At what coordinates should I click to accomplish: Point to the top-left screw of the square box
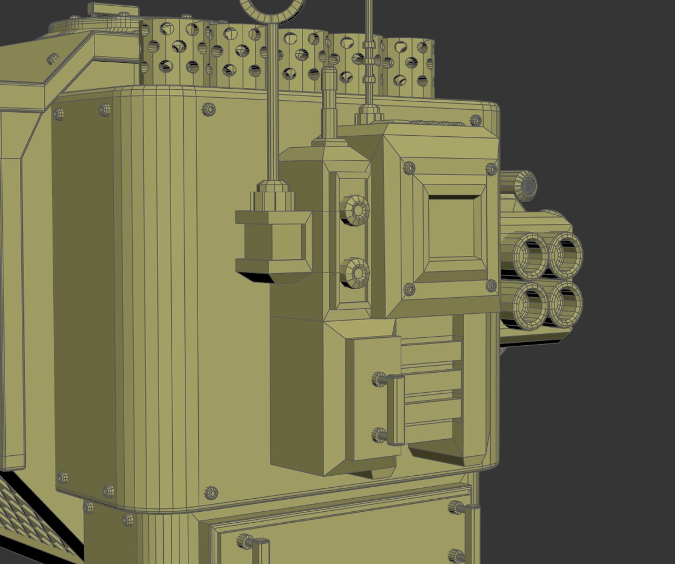[x=409, y=168]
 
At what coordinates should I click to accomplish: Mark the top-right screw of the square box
[x=491, y=169]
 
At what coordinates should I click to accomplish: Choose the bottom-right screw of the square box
[x=491, y=285]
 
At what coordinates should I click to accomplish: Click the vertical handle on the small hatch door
[x=395, y=410]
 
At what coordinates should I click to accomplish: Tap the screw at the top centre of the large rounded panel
[x=209, y=109]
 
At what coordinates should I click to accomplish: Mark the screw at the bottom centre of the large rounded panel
[x=211, y=492]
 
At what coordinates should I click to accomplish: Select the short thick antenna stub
[x=330, y=102]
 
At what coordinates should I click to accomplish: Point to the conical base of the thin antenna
[x=369, y=113]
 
